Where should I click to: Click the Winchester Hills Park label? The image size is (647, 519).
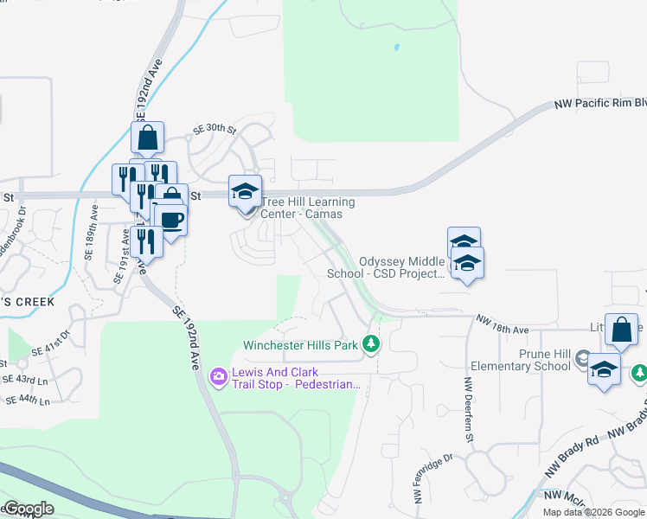pyautogui.click(x=300, y=345)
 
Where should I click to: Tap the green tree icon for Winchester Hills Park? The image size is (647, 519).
pyautogui.click(x=371, y=345)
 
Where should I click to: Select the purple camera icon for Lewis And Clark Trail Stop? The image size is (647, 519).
pyautogui.click(x=218, y=375)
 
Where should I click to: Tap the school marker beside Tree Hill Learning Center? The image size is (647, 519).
pyautogui.click(x=245, y=191)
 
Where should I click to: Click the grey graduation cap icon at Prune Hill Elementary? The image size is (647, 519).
pyautogui.click(x=583, y=358)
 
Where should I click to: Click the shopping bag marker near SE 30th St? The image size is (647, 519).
pyautogui.click(x=147, y=138)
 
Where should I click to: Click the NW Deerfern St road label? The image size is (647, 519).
pyautogui.click(x=469, y=396)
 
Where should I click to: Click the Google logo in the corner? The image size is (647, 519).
pyautogui.click(x=29, y=509)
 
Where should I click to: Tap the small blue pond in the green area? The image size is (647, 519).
pyautogui.click(x=397, y=47)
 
